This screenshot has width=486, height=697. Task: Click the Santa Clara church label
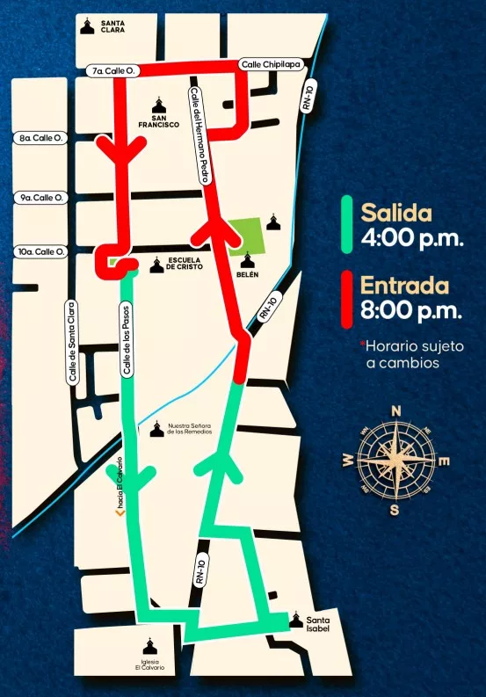(112, 26)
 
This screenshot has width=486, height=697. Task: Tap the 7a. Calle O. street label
(108, 69)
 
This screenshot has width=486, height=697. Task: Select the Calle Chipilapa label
(269, 65)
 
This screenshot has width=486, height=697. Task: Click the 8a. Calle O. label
(42, 138)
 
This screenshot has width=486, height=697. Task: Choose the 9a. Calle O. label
(42, 198)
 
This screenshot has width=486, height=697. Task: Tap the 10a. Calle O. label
(42, 252)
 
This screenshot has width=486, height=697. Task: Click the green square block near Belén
(245, 235)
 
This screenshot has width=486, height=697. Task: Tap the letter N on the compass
(396, 410)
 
